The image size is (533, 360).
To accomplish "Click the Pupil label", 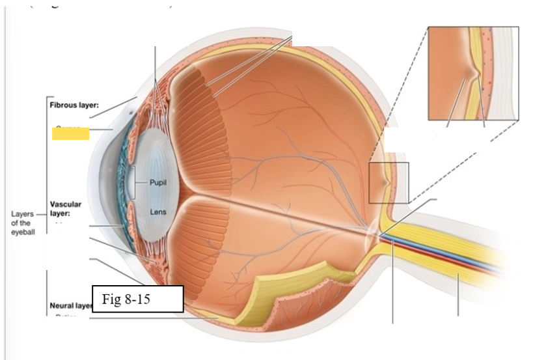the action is (158, 182).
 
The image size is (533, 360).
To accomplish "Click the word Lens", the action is (158, 212).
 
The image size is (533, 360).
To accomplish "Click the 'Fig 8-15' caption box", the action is (137, 299).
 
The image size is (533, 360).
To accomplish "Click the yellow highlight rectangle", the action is (70, 133).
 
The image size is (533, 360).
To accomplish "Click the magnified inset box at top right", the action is (473, 73).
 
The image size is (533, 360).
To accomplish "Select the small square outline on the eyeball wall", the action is (388, 182).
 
